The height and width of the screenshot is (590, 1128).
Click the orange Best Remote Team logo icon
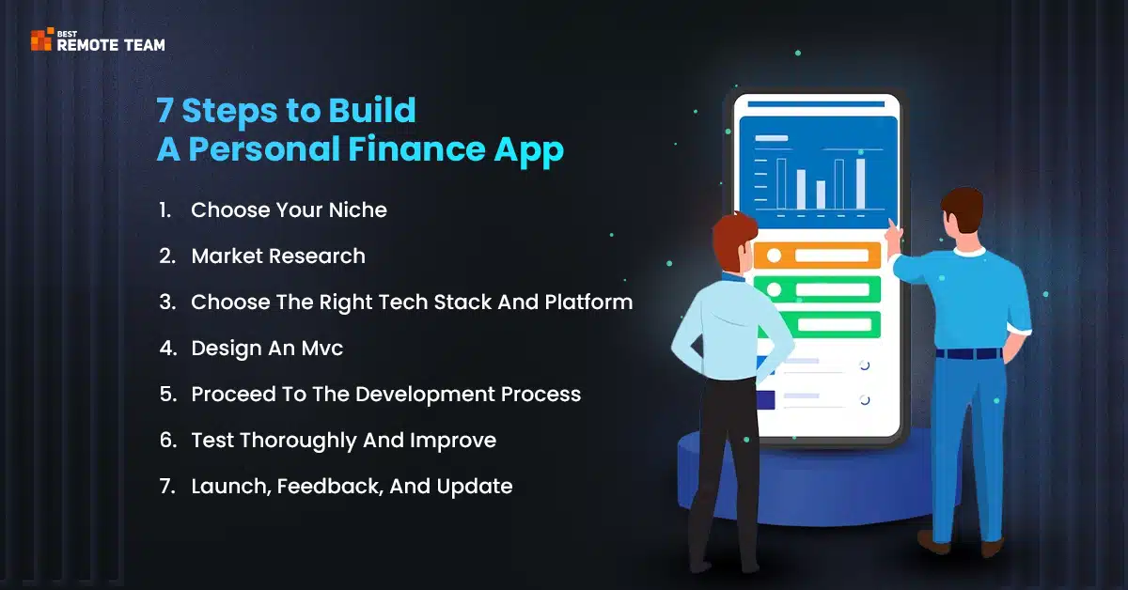41,39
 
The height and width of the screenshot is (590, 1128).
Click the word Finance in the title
416,149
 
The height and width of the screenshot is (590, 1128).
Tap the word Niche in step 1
357,210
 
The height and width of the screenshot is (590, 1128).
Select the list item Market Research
278,256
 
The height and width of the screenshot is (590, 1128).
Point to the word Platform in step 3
588,303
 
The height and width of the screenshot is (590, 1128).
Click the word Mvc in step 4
322,349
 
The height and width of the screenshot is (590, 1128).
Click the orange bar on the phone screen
817,256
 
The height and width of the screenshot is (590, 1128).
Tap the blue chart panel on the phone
819,172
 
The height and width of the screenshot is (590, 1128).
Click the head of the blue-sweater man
963,210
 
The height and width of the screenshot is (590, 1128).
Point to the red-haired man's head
735,241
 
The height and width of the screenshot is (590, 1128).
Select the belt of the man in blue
969,354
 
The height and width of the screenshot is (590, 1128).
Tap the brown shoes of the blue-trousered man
961,544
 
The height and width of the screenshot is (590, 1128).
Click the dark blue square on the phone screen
765,400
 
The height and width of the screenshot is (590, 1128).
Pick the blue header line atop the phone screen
816,104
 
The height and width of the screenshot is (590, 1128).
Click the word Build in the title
372,110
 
